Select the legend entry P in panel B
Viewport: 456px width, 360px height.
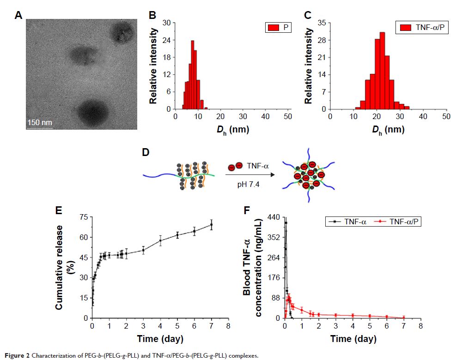click(x=279, y=28)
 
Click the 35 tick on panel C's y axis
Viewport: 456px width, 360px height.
click(x=322, y=22)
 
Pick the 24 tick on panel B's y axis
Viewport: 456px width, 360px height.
click(x=167, y=40)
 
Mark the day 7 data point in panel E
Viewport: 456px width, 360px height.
click(x=212, y=225)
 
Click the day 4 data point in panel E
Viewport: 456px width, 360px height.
click(x=160, y=240)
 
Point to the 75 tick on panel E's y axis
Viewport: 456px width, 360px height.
click(x=84, y=217)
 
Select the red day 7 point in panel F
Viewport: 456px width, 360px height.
click(x=404, y=317)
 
